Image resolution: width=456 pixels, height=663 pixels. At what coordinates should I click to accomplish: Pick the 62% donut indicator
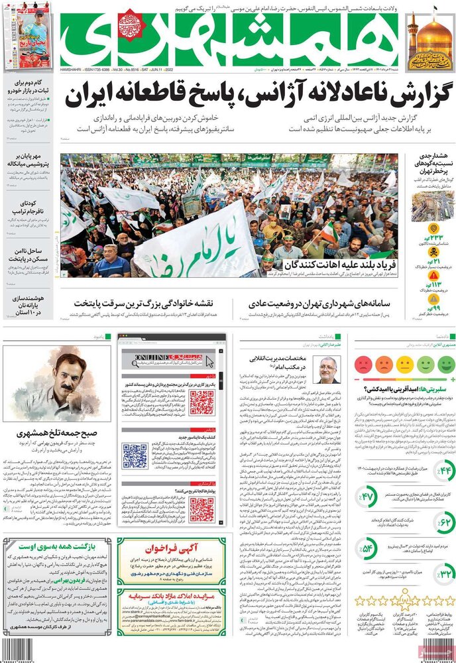point(443,523)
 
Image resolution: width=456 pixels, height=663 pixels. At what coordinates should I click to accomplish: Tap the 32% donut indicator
point(443,572)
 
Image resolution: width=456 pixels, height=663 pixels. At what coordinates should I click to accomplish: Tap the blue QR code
point(135,455)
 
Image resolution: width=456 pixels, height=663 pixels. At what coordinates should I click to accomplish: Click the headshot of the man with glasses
point(327,369)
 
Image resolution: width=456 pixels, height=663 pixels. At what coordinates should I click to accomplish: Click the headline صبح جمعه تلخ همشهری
point(56,434)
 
